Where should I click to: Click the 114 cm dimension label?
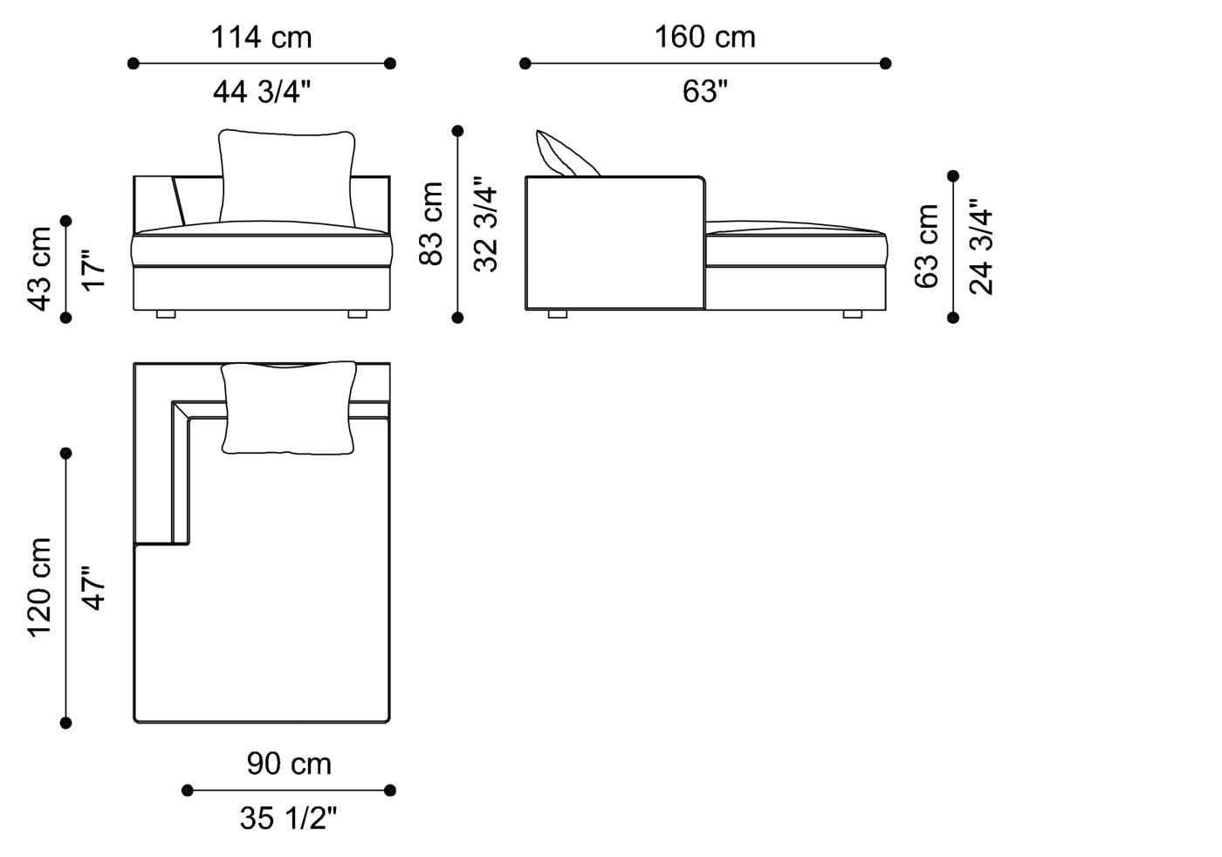(261, 38)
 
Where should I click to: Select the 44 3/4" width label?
(261, 91)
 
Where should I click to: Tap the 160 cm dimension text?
(704, 38)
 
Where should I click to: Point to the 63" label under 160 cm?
(704, 91)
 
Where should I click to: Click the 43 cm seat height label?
(40, 269)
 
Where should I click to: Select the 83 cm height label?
(431, 223)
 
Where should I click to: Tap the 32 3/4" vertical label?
(485, 225)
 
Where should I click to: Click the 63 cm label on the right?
(927, 246)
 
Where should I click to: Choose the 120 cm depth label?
(40, 587)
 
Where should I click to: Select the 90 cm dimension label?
(289, 764)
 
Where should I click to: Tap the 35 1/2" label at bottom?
(288, 818)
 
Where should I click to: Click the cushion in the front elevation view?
(286, 177)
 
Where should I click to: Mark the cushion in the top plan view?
(289, 408)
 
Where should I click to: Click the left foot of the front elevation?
(166, 313)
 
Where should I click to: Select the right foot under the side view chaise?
(853, 313)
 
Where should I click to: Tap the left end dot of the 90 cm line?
(187, 791)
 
